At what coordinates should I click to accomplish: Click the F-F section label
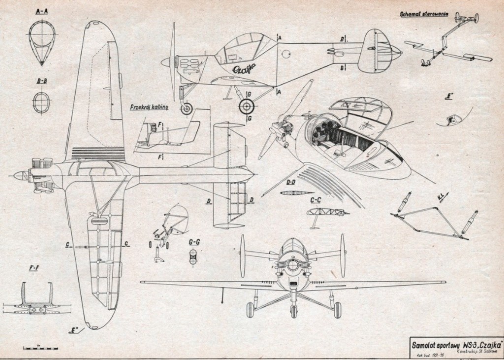(x=35, y=268)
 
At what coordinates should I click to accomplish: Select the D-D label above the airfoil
(x=292, y=183)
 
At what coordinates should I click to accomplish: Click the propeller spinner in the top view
(x=18, y=175)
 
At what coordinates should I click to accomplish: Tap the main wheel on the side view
(x=187, y=109)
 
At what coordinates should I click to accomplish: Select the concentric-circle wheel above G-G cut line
(x=246, y=106)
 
